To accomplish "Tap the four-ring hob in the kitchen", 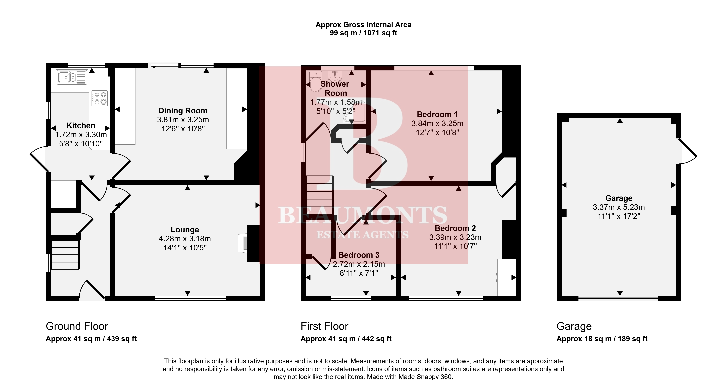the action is pyautogui.click(x=99, y=98).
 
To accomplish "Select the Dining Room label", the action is pyautogui.click(x=183, y=111).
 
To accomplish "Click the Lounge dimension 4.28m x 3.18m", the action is pyautogui.click(x=185, y=239).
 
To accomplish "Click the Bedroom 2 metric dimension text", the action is pyautogui.click(x=455, y=237).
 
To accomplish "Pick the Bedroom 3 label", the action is pyautogui.click(x=359, y=255).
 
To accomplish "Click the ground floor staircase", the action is pyautogui.click(x=65, y=254).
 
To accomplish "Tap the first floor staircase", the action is pyautogui.click(x=320, y=195).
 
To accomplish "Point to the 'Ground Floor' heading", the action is pyautogui.click(x=77, y=326).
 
